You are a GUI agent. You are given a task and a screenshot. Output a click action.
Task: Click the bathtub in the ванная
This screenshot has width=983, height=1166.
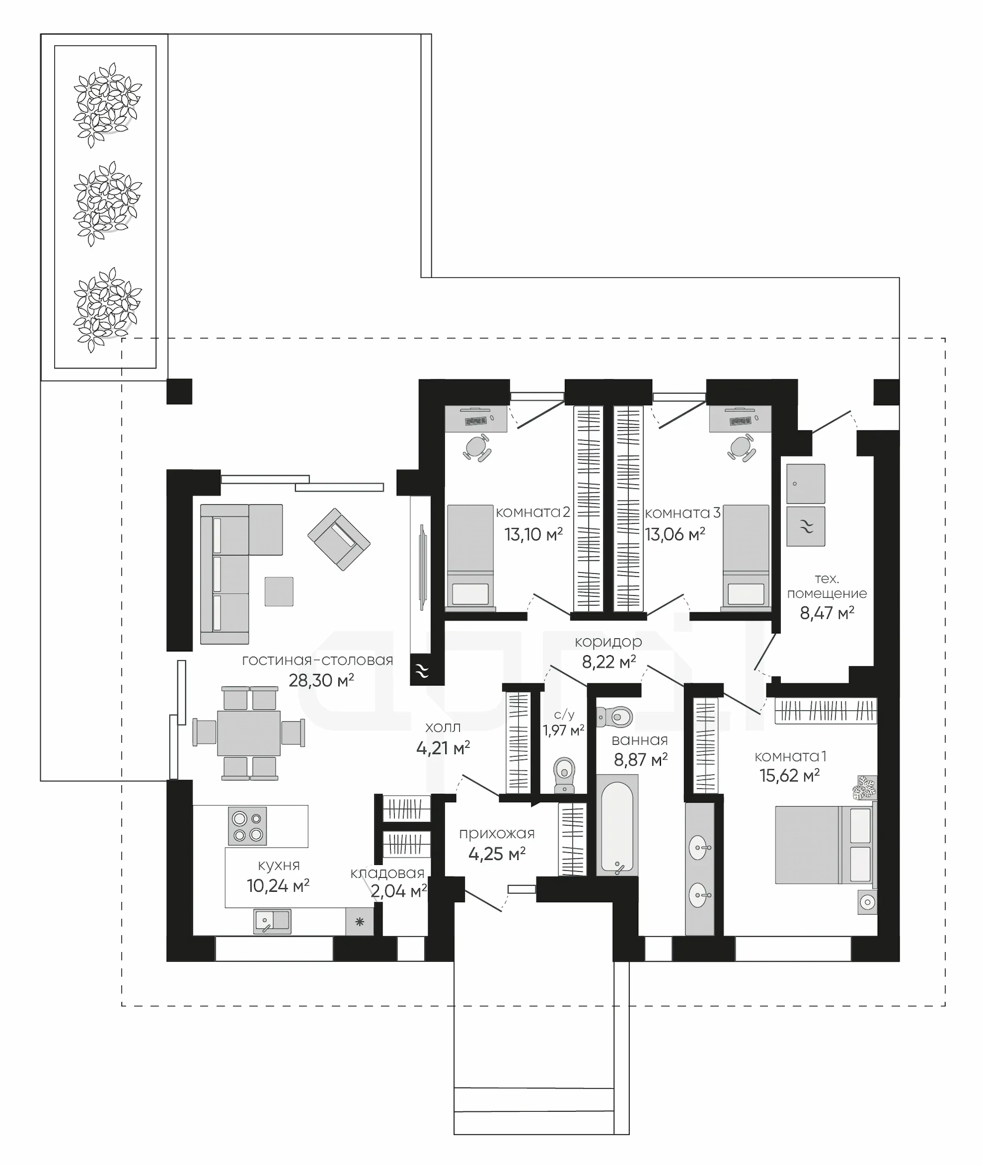point(617,825)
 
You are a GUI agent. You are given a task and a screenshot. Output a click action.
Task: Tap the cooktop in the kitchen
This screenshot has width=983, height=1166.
point(247,826)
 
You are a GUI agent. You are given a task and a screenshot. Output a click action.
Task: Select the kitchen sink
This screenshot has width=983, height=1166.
point(272,921)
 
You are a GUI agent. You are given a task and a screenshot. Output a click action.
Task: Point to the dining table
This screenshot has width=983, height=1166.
point(248,732)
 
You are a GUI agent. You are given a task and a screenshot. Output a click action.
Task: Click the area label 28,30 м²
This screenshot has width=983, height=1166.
point(321,680)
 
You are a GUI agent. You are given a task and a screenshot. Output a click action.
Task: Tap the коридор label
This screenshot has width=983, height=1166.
point(608,642)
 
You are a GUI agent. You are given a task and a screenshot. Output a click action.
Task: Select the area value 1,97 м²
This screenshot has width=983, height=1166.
point(563,730)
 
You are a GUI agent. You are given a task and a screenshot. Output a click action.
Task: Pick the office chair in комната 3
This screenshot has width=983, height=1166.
point(741,447)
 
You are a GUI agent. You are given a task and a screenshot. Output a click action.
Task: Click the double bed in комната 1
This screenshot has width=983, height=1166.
point(825,846)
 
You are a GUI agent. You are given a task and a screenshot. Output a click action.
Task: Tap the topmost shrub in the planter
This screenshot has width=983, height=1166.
point(107,104)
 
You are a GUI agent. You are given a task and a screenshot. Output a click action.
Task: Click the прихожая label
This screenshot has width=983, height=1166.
point(497,833)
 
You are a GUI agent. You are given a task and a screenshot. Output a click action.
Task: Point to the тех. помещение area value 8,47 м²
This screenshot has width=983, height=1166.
point(827,613)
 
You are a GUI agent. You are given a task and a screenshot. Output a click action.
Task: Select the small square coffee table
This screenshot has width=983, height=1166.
point(279,591)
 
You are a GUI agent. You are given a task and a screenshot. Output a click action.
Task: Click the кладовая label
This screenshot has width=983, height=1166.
point(387,873)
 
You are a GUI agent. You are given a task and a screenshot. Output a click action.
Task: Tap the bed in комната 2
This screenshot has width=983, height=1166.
point(470,556)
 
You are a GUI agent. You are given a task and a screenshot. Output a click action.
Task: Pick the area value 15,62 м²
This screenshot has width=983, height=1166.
point(789,775)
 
